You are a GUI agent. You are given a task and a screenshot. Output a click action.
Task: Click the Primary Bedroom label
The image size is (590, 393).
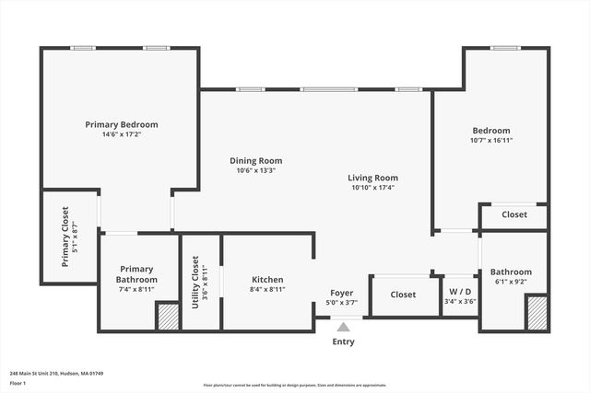(122, 124)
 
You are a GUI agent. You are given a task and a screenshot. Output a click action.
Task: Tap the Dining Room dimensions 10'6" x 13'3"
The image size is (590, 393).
(255, 170)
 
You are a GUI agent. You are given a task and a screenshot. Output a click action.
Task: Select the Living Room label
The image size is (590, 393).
(372, 178)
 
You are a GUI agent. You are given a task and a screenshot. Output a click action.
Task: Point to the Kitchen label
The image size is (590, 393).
(267, 279)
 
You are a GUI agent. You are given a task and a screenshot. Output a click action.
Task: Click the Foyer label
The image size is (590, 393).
(341, 294)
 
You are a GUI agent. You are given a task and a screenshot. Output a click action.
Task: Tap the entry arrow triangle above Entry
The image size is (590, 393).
(343, 326)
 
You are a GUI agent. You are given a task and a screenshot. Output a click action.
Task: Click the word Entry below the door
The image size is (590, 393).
(343, 341)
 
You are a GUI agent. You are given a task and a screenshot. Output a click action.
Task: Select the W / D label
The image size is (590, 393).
(459, 291)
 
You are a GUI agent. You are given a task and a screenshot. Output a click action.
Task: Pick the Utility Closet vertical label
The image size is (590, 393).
(195, 281)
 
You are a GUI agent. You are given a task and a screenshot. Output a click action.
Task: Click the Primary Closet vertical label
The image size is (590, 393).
(65, 237)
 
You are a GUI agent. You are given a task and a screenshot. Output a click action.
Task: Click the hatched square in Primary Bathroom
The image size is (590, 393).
(167, 317)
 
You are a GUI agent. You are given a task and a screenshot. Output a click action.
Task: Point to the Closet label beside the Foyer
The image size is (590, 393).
(403, 295)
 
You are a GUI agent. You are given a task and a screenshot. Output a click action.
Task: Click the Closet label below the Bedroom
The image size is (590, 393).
(514, 214)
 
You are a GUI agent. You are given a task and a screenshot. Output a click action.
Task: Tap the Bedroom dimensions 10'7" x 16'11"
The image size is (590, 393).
(490, 141)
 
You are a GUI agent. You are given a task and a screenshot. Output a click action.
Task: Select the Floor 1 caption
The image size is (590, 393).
(18, 383)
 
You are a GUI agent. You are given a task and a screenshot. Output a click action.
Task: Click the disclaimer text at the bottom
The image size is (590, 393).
(294, 386)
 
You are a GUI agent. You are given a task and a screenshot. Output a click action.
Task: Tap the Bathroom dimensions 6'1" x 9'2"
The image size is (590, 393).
(510, 282)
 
